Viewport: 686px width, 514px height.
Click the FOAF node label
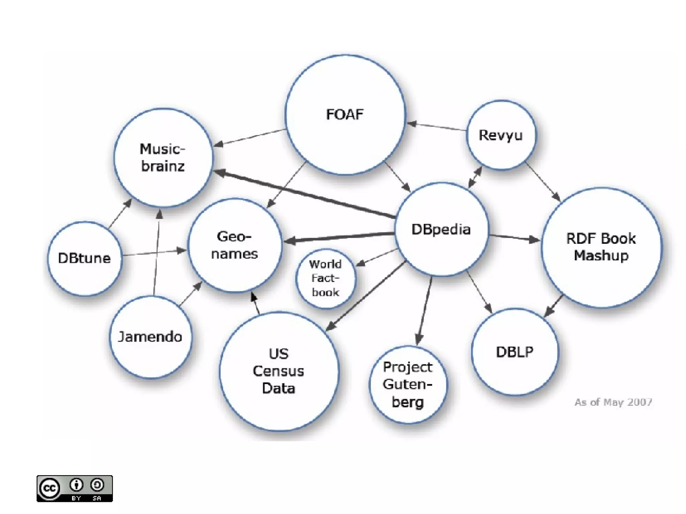345,115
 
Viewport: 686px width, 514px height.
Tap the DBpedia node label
441,230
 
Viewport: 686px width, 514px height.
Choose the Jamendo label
150,337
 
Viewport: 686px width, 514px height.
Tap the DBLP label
514,352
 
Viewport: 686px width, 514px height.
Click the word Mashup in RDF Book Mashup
601,255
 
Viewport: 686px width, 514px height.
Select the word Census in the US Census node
278,371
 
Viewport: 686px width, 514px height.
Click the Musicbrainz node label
163,157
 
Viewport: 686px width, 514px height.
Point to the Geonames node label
234,245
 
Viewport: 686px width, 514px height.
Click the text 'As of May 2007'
613,402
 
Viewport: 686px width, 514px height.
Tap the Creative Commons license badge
75,489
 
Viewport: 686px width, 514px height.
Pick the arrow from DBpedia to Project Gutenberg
424,310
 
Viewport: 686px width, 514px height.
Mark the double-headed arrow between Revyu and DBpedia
475,177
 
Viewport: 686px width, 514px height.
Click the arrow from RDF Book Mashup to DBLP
553,306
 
